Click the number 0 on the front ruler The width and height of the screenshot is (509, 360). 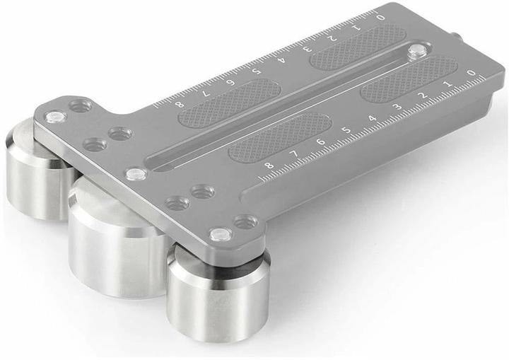[x=472, y=73]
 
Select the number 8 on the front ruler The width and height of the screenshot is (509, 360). [x=269, y=165]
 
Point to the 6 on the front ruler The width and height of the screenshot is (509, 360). [x=321, y=141]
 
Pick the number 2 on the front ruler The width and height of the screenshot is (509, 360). [x=423, y=95]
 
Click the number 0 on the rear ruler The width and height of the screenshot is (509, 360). [x=381, y=17]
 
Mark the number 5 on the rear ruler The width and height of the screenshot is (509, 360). [x=257, y=70]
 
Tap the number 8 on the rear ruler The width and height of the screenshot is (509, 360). [x=179, y=105]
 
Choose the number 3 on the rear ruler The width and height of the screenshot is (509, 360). [x=306, y=49]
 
